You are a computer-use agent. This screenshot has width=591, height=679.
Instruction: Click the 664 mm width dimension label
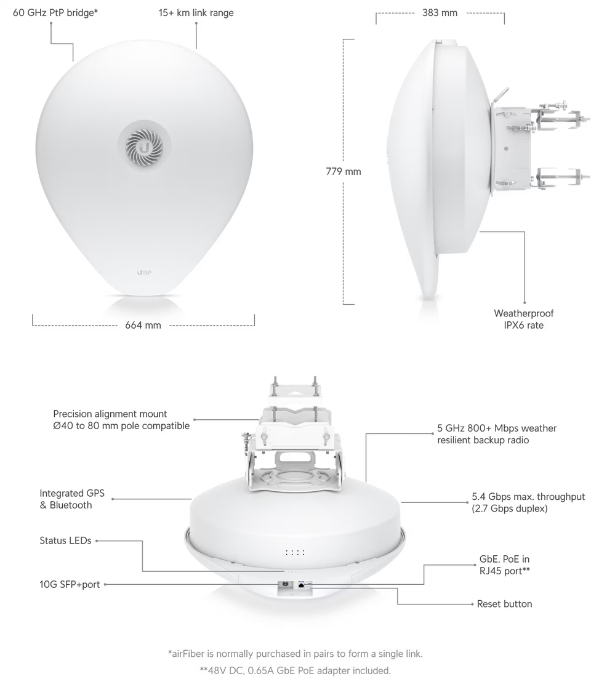point(143,325)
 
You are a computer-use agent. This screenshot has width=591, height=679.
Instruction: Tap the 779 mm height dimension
point(343,172)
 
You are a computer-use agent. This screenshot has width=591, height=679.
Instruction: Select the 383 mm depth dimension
point(440,12)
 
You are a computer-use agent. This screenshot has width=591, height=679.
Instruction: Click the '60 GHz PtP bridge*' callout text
point(55,12)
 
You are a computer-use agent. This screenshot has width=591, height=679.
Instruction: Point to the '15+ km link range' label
point(196,12)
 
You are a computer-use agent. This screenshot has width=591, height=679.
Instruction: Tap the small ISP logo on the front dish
point(143,271)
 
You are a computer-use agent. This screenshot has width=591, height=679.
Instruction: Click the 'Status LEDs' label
point(65,540)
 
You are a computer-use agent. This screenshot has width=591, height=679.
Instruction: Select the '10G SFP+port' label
point(70,584)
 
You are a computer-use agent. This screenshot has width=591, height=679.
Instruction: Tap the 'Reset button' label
point(504,604)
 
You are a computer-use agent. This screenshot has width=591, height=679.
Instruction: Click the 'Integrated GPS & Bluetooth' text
point(72,499)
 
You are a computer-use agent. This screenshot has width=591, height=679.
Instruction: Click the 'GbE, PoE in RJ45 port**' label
point(504,565)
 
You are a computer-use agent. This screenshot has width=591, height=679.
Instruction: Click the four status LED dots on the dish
point(295,553)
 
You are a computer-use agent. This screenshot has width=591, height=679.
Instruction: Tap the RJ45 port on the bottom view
point(301,586)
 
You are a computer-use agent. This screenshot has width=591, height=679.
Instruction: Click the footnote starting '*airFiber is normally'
point(295,653)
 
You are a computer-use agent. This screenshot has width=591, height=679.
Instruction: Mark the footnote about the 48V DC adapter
point(295,670)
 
